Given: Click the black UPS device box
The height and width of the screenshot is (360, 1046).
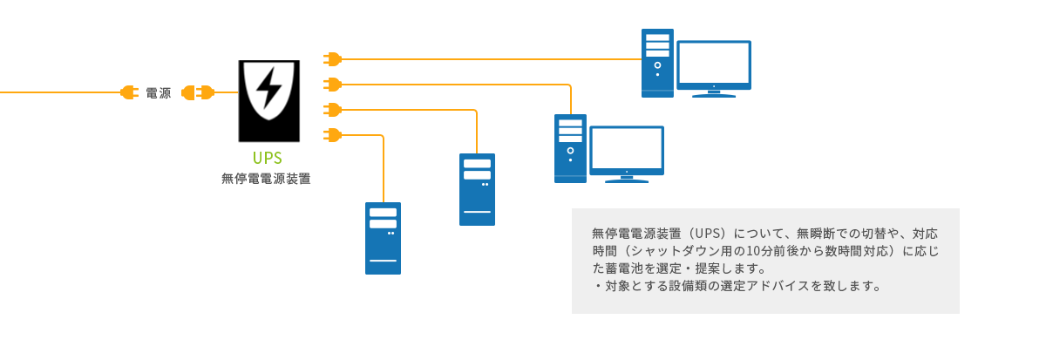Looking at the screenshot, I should [x=268, y=101].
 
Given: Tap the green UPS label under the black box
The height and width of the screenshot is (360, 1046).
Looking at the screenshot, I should [x=268, y=158].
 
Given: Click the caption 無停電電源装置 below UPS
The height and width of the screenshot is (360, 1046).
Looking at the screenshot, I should [x=266, y=180].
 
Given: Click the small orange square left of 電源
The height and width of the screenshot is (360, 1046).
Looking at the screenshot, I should [x=129, y=92].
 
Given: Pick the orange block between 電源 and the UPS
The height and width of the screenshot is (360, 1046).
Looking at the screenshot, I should [x=199, y=92].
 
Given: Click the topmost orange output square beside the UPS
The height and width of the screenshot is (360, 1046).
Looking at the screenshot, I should [x=332, y=59].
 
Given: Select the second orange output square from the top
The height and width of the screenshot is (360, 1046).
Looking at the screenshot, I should [x=332, y=84].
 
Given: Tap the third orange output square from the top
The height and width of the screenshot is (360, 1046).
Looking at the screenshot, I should [x=332, y=109].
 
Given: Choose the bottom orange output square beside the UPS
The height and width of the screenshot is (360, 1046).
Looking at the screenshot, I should [x=332, y=134].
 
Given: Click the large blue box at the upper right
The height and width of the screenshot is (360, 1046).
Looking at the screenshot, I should [x=696, y=64].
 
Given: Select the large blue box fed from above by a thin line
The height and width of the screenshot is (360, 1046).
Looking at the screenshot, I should [x=608, y=148].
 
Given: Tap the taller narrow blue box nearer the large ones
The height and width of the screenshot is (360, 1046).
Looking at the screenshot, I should [x=477, y=189].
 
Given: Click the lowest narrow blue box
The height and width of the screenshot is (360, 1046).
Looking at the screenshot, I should [x=383, y=238].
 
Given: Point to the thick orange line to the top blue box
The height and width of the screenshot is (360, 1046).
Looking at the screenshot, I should [x=488, y=59].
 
